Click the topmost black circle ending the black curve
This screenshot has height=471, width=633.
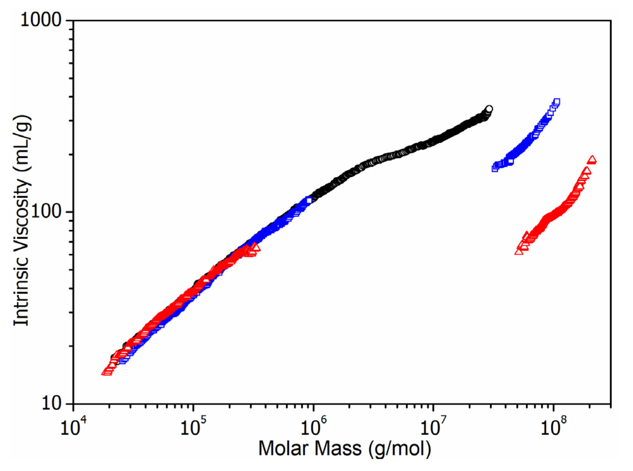pyautogui.click(x=489, y=109)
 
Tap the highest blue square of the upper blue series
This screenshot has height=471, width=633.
pyautogui.click(x=557, y=102)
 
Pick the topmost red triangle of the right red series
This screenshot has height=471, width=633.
pyautogui.click(x=592, y=159)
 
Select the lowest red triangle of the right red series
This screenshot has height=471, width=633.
pyautogui.click(x=519, y=251)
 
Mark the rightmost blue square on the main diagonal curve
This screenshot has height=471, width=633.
pyautogui.click(x=309, y=200)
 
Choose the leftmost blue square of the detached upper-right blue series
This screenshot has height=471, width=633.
pyautogui.click(x=495, y=169)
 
